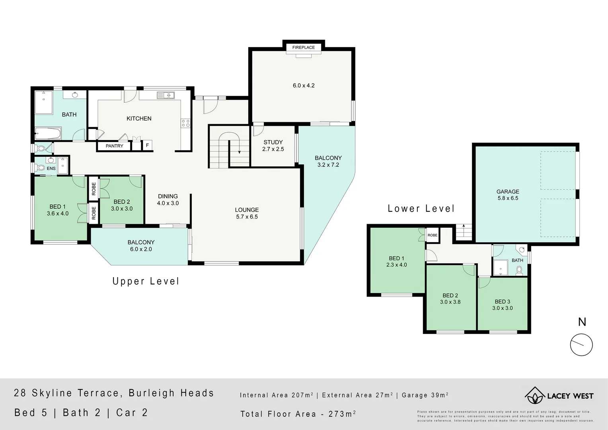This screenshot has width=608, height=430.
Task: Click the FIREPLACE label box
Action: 303,47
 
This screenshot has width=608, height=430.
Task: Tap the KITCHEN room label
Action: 139,118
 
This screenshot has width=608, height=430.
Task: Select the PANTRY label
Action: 114,146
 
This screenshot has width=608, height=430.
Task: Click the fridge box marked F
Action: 147,145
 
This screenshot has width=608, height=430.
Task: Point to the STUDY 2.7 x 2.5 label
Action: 273,145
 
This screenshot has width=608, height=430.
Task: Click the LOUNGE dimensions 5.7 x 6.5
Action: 247,217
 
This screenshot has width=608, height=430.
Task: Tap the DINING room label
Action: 168,196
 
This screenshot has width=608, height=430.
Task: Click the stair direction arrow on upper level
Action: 240,150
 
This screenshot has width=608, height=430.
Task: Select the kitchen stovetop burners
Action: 185,123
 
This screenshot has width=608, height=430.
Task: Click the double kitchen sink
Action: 166,95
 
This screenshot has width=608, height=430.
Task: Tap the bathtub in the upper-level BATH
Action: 48,133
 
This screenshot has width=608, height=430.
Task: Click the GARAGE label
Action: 508,192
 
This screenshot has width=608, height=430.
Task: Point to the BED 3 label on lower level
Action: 502,301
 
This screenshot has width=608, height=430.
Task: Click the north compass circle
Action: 581,345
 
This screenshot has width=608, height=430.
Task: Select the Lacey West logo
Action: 559,396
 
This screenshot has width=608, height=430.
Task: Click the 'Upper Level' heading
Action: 146,281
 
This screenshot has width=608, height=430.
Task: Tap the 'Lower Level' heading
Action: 421,209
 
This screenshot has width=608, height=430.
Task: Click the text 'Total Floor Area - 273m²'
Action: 298,414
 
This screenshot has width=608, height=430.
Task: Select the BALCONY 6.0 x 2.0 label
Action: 141,246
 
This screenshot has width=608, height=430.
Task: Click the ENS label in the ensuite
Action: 51,168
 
